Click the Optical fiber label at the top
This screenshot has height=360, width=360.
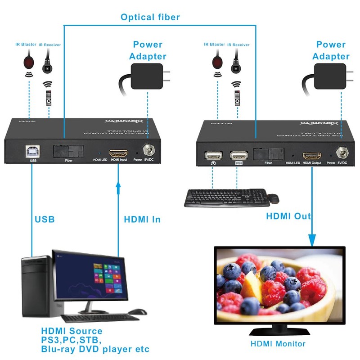coord(150,17)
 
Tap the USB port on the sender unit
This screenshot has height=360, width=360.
coord(32,150)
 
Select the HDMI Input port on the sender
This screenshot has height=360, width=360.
coord(119,152)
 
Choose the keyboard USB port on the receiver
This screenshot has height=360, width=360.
coord(238,156)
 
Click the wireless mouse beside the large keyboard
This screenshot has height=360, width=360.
coord(273,198)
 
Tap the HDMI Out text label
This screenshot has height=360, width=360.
coord(288,216)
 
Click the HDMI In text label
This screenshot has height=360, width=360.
coord(142,220)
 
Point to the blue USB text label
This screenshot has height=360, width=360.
coord(45,220)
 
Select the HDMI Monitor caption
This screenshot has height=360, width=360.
coord(278,344)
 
